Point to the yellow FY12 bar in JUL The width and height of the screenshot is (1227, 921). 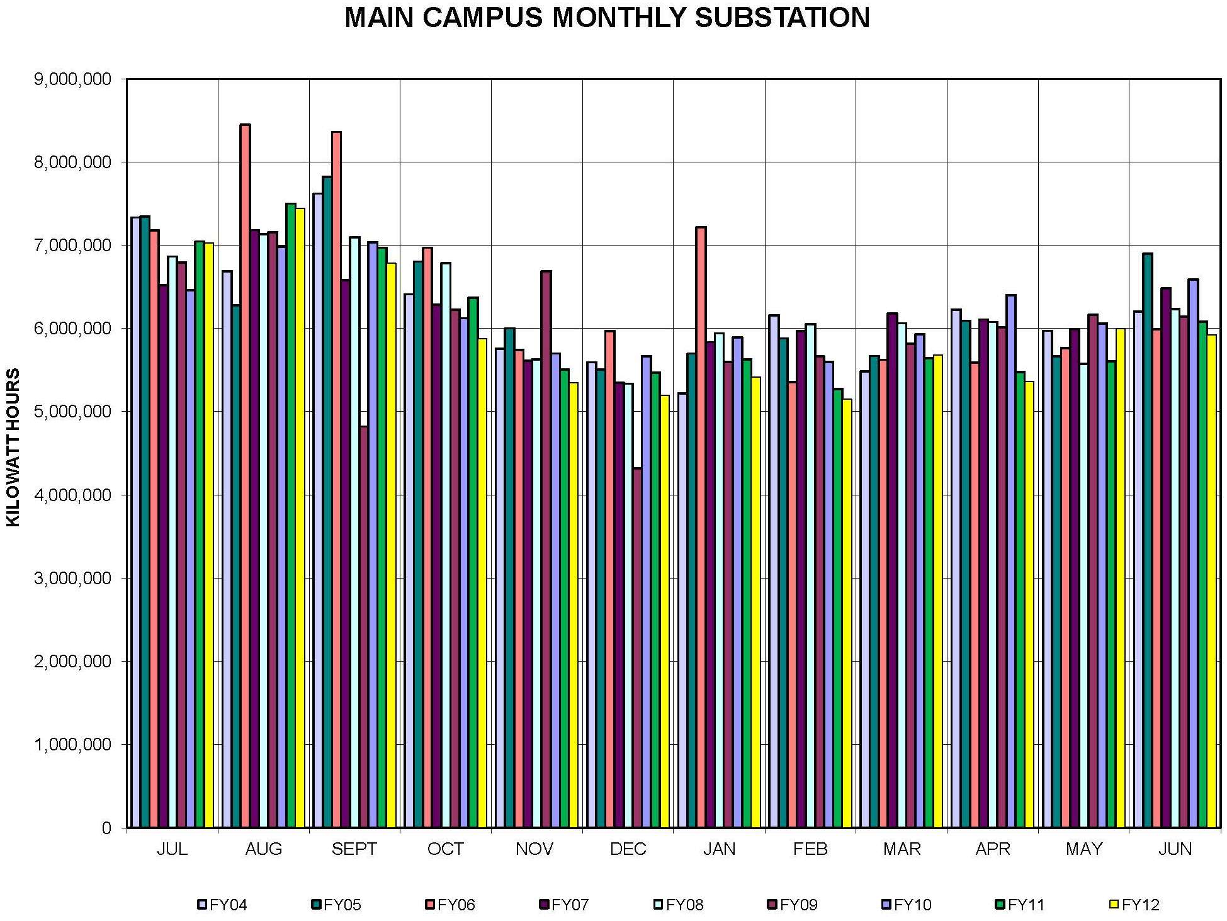click(209, 535)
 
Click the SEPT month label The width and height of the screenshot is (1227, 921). click(354, 849)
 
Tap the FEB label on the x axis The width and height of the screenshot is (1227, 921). click(810, 849)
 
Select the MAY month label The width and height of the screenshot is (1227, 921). click(1083, 849)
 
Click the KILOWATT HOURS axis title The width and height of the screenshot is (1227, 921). click(14, 447)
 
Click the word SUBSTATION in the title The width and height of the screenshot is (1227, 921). click(783, 18)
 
